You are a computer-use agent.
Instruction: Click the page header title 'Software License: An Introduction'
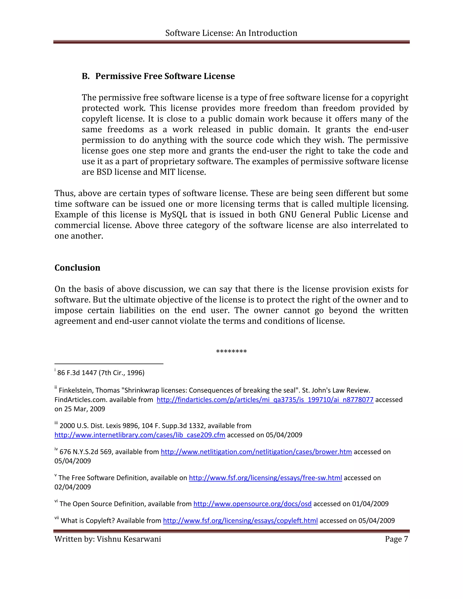231,33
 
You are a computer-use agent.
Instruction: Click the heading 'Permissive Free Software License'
165,76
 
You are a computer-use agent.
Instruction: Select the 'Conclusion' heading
77,268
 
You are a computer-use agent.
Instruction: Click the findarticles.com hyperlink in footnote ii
265,400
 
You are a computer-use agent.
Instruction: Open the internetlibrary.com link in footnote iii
140,435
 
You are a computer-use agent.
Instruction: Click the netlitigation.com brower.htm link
256,452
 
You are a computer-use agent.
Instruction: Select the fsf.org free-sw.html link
265,478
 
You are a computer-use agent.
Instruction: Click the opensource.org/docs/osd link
252,504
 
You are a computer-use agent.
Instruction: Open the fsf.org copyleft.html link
240,521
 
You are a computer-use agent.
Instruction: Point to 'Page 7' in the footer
396,539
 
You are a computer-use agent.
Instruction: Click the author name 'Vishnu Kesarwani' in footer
129,539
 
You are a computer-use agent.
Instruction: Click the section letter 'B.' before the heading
86,76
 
